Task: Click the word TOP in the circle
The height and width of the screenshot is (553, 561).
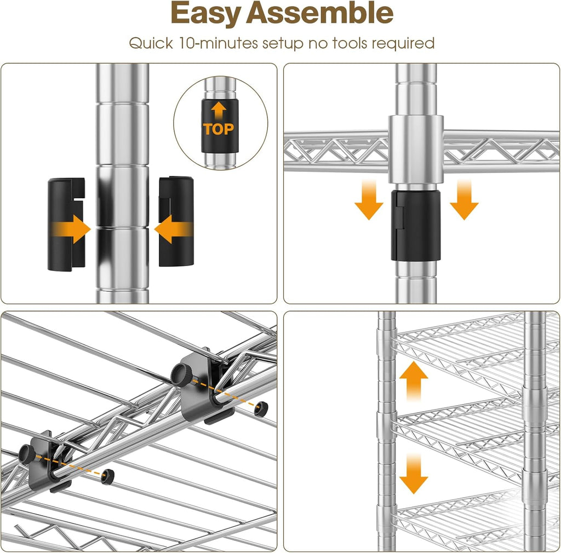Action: click(219, 129)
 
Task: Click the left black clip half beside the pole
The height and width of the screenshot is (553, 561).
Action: click(66, 223)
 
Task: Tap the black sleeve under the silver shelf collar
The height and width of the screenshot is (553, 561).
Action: click(416, 225)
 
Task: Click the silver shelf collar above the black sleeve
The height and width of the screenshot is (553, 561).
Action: click(416, 149)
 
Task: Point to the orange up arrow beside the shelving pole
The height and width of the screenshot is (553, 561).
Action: click(413, 380)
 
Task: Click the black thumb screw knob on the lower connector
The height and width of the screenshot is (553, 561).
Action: click(26, 453)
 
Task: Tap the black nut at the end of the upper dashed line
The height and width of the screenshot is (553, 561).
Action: click(261, 407)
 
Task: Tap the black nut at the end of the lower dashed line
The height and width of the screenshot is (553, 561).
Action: click(108, 476)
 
